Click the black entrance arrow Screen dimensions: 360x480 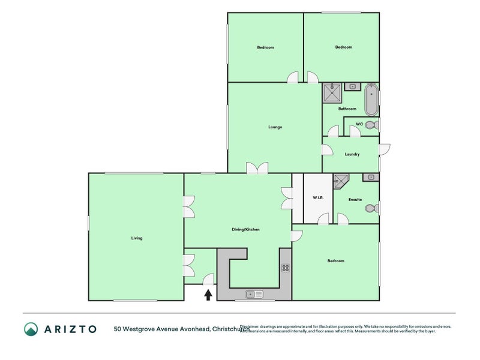coord(208,294)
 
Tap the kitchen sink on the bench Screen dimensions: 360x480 coord(254,294)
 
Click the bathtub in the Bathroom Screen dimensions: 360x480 coord(371,100)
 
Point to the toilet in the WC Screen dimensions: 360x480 coord(371,125)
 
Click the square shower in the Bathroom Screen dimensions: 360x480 coord(331,92)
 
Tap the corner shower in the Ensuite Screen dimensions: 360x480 coord(341,181)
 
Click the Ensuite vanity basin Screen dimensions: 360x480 coord(371,177)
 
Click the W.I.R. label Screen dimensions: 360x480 coord(318,198)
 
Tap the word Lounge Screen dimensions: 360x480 coord(275,127)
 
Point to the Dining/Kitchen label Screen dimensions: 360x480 coord(245,230)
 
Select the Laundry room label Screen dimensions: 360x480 coord(352,155)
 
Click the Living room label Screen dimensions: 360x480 coord(137,238)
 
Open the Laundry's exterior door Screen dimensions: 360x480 coord(385,149)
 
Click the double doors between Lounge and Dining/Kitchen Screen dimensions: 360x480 coord(257,169)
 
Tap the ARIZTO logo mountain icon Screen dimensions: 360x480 coord(31,329)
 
